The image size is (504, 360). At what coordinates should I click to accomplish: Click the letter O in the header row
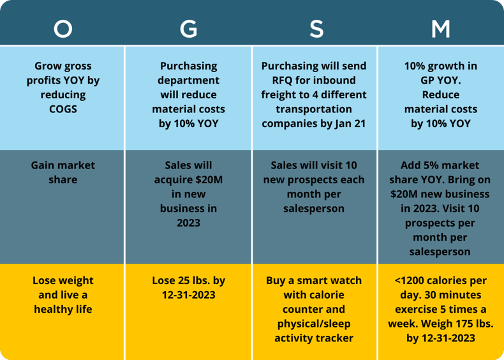63,29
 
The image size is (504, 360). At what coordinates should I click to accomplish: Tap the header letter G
188,29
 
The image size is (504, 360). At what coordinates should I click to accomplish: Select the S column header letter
315,29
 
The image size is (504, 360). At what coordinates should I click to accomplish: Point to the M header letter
440,29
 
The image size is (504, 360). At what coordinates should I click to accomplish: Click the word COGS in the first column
63,109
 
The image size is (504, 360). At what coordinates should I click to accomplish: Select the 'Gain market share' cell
63,172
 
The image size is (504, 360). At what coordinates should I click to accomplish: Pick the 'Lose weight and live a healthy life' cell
63,295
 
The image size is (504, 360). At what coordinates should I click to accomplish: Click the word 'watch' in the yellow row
346,280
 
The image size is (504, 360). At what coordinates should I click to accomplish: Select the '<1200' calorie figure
413,280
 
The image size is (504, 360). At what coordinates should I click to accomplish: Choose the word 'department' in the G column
188,80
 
